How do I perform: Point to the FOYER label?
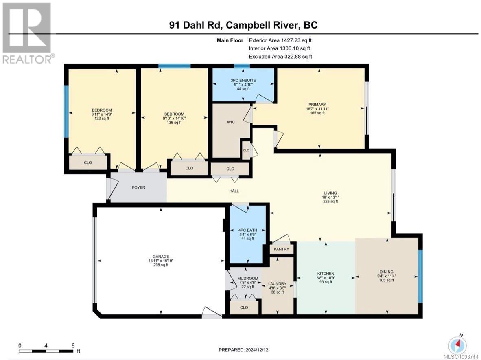click(x=138, y=187)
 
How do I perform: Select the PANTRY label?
click(x=282, y=249)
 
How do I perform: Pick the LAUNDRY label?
click(x=277, y=284)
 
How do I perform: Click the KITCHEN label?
click(x=326, y=274)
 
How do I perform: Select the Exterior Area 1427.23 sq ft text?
click(x=280, y=40)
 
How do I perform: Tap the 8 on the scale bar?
click(x=73, y=345)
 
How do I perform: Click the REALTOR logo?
click(x=27, y=33)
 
